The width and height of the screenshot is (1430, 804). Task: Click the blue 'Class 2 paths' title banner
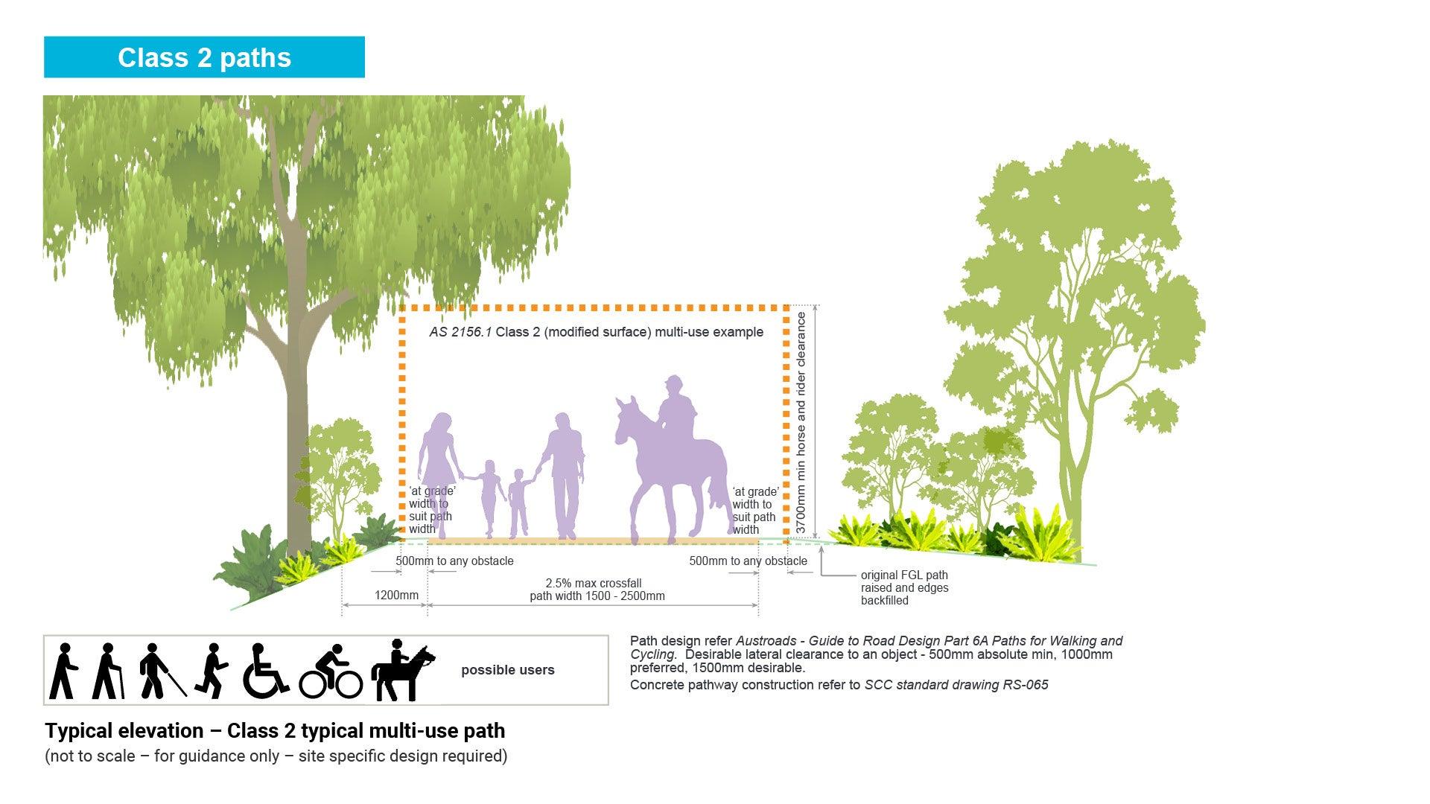(x=204, y=57)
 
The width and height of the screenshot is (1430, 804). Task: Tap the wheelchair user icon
(x=265, y=671)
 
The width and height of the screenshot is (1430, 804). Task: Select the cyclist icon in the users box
(x=331, y=671)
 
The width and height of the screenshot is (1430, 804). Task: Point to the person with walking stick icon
(x=107, y=671)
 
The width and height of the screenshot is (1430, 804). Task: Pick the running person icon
(x=212, y=671)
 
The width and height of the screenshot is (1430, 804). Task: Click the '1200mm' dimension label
(x=396, y=596)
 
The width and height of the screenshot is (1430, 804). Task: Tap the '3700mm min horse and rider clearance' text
(x=801, y=422)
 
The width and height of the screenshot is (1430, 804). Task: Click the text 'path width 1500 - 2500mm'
(x=597, y=596)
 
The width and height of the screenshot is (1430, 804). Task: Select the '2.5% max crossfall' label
(x=594, y=584)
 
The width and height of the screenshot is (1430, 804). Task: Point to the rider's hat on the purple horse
(x=674, y=382)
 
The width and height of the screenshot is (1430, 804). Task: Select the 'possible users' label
(x=508, y=670)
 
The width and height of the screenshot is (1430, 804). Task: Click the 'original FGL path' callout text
(x=904, y=575)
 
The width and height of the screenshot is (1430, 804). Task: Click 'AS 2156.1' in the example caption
(x=460, y=332)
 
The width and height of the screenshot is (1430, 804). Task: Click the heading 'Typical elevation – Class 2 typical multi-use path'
(x=275, y=731)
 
